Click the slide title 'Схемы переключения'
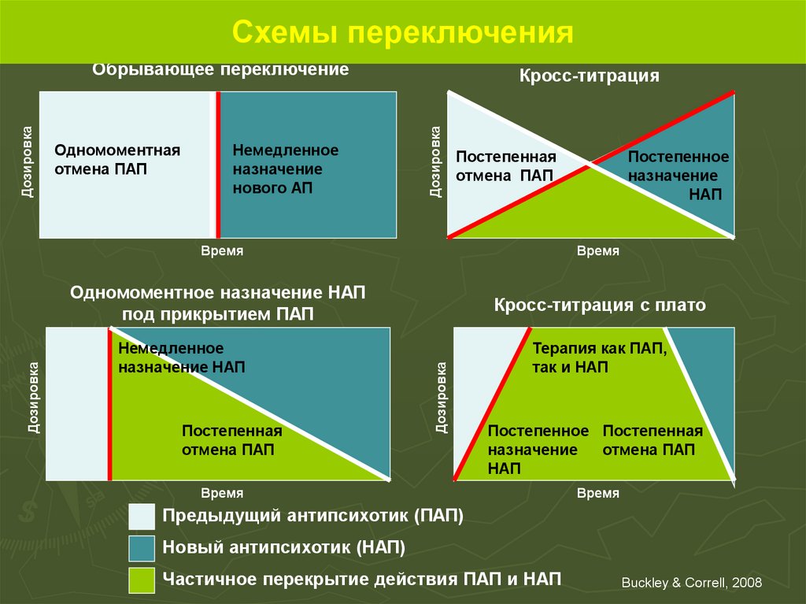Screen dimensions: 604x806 [402, 34]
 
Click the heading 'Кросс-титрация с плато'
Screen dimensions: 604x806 [600, 305]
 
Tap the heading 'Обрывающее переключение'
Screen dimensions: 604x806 [220, 70]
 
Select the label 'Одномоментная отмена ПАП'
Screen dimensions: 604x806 [117, 160]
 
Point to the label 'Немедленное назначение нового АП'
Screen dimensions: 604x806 [286, 169]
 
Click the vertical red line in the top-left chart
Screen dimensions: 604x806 [218, 165]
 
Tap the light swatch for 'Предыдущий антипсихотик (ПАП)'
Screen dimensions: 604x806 [142, 517]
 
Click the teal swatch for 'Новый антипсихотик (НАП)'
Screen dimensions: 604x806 [142, 548]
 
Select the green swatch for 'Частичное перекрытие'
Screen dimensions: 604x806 [142, 580]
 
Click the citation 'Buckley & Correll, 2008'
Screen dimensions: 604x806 [692, 583]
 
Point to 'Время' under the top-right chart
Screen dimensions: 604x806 [598, 251]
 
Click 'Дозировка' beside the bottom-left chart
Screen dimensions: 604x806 [34, 398]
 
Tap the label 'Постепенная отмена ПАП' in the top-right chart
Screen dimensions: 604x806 [505, 166]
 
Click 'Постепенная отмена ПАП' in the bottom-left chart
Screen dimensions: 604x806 [231, 440]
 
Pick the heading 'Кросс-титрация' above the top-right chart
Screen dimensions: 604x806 [589, 76]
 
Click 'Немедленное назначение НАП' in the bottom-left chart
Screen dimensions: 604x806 [172, 357]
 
